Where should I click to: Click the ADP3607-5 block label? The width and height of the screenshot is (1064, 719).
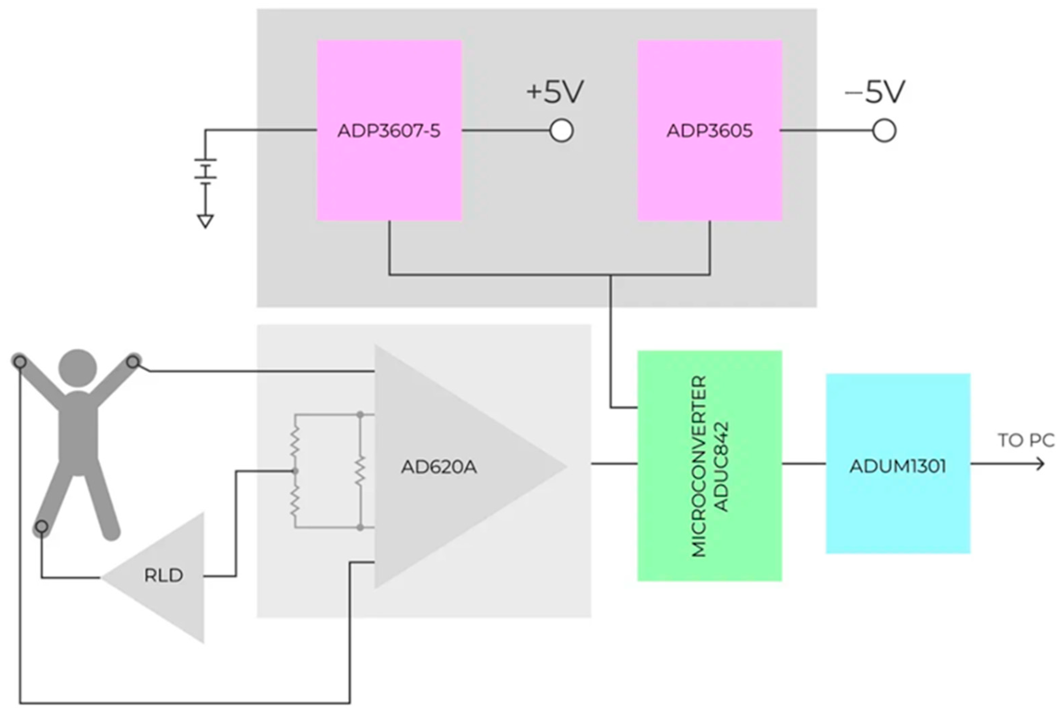coord(389,131)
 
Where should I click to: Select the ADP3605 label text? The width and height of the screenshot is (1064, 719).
coord(709,131)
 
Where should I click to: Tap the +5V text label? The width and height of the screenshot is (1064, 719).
coord(555,91)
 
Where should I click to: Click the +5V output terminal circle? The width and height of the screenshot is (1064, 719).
coord(561,131)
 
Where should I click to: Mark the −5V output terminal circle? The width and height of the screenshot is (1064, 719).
coord(884,131)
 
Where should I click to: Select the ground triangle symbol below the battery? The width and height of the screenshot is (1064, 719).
coord(206,221)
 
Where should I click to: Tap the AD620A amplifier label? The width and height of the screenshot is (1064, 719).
coord(439,467)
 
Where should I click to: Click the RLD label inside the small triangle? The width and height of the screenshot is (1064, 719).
coord(163,575)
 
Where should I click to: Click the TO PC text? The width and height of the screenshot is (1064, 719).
coord(1026,440)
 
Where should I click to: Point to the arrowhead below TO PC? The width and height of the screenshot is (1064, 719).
coord(1040,464)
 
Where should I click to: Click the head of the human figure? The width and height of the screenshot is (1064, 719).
coord(78,369)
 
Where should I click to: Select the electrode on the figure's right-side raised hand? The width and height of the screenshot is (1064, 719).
coord(133,362)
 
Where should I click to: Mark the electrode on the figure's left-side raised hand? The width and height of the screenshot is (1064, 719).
coord(20,363)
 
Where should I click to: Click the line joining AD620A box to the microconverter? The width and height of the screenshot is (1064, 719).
coord(614,464)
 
